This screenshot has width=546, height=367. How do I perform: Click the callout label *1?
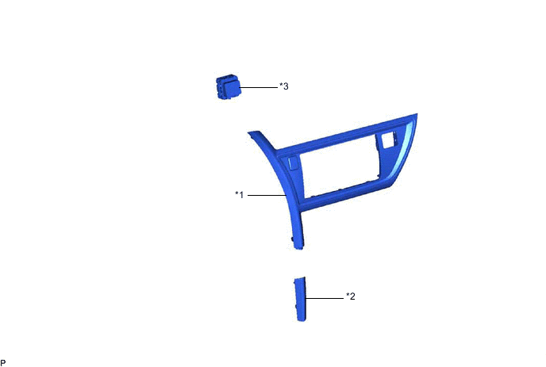point(239,194)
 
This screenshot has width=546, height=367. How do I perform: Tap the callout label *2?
point(351,296)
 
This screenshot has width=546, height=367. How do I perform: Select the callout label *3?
point(284,86)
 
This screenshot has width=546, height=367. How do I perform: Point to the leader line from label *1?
point(267,196)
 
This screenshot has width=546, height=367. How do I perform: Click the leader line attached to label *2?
point(324,298)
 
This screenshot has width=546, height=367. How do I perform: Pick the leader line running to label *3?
point(259,87)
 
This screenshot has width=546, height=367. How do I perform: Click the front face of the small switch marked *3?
point(233,88)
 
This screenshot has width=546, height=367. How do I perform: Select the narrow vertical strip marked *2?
point(300,299)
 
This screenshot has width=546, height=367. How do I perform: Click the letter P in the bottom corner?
point(3,363)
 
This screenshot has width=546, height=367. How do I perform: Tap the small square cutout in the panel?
point(387,140)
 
